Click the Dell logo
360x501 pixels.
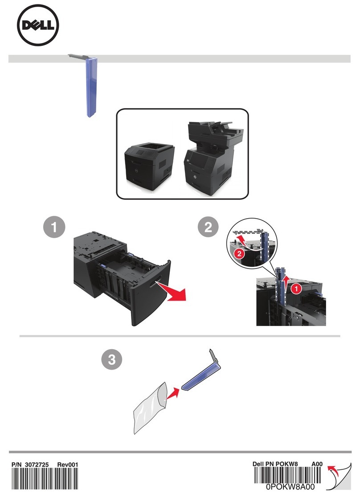tap(38, 25)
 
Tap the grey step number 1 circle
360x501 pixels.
tap(54, 227)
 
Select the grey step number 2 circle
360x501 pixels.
tap(208, 227)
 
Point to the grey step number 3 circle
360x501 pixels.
tap(111, 359)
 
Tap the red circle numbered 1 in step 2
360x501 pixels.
tap(296, 289)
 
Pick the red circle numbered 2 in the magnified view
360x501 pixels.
tap(239, 254)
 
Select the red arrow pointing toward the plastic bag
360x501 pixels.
tap(172, 393)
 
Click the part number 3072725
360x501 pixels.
tap(37, 464)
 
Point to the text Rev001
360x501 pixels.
tap(68, 464)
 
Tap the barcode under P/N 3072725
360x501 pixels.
tap(45, 479)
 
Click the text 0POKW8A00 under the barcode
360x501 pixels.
tap(290, 487)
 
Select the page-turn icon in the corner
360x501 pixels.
tap(339, 477)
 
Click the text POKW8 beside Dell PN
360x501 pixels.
tap(286, 464)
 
